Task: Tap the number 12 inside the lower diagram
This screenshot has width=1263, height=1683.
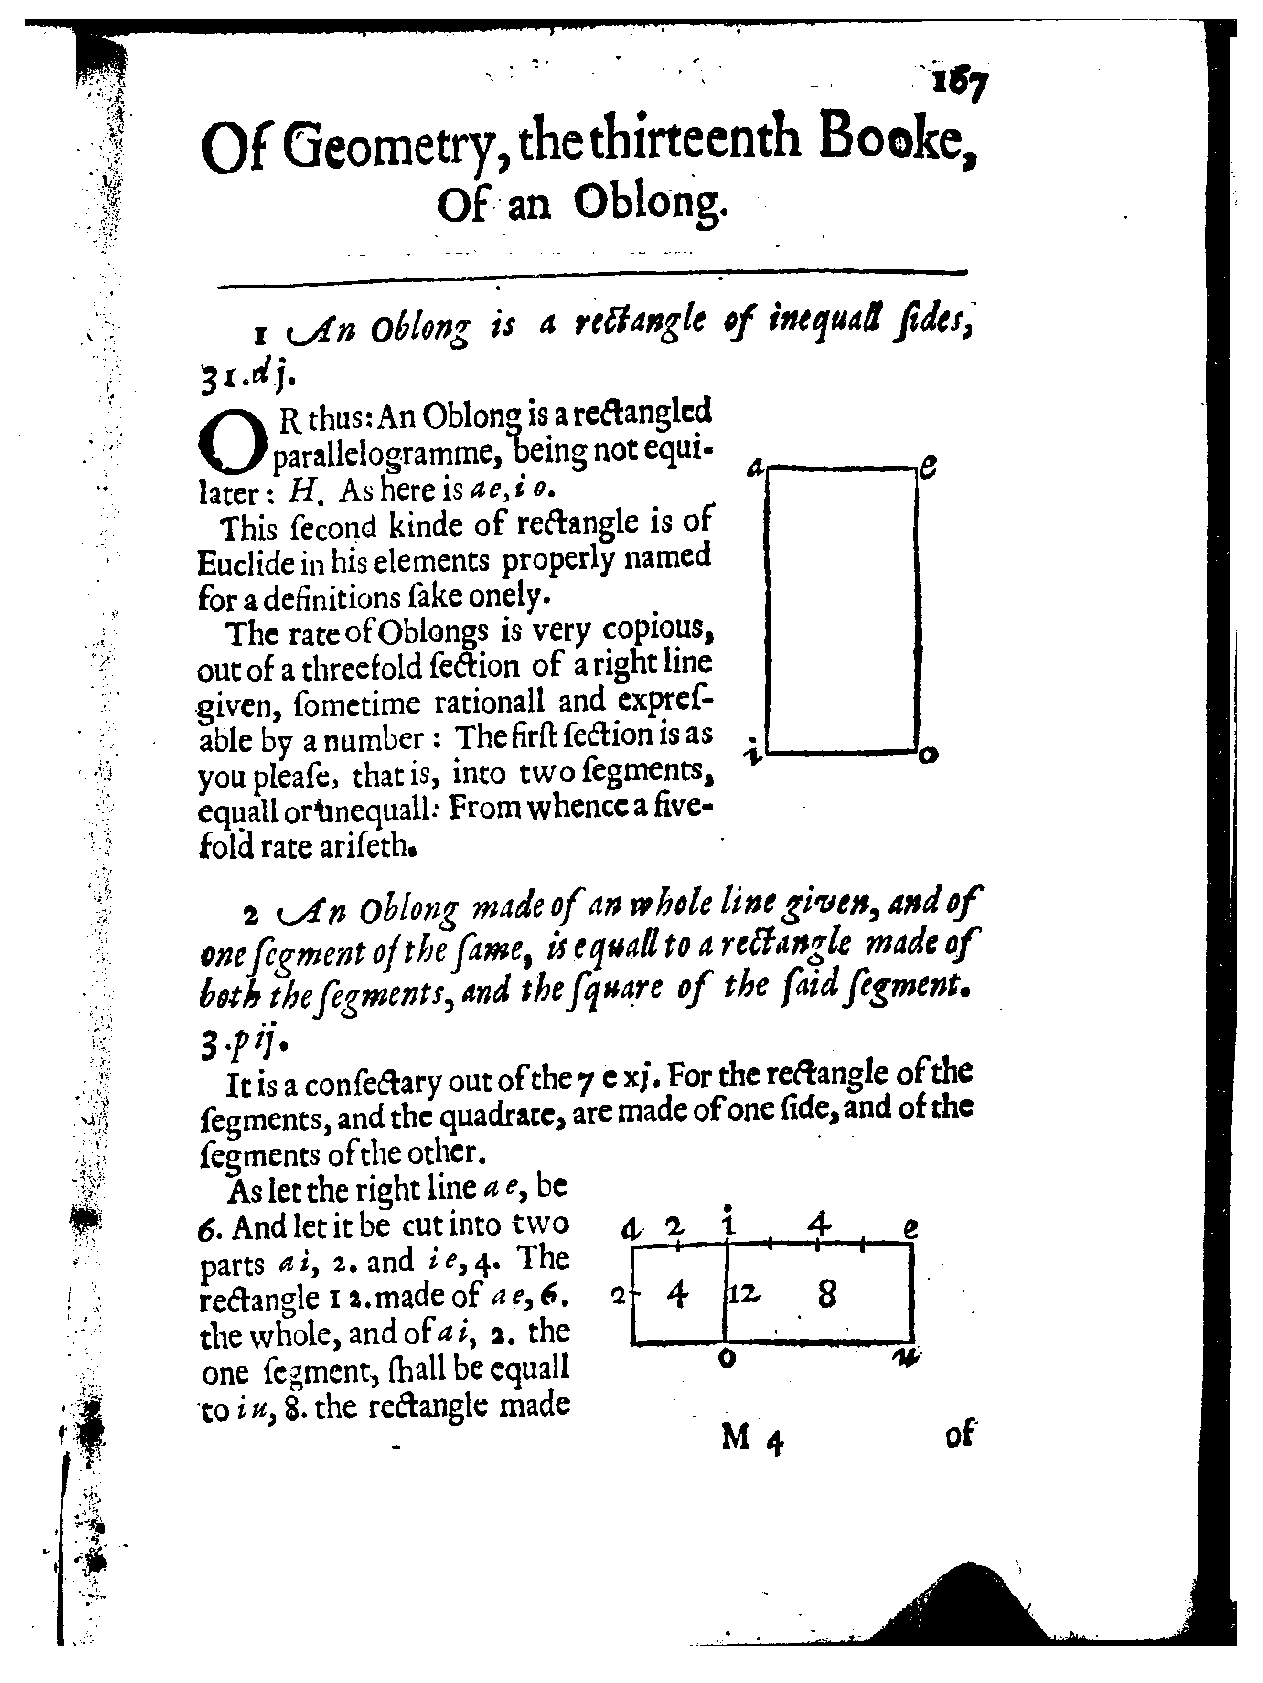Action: (x=743, y=1293)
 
